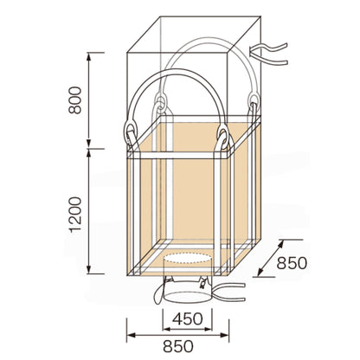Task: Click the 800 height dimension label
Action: coord(75,100)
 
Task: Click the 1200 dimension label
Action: coord(75,215)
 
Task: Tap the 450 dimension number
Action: coord(188,318)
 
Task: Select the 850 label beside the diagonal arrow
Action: coord(292,263)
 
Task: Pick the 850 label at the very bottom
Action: coord(178,346)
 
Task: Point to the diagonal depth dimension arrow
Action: coord(270,258)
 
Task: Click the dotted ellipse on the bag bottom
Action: coord(188,258)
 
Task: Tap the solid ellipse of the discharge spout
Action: coord(188,298)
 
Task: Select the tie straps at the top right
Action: coord(268,54)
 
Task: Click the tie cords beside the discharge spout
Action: coord(229,292)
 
